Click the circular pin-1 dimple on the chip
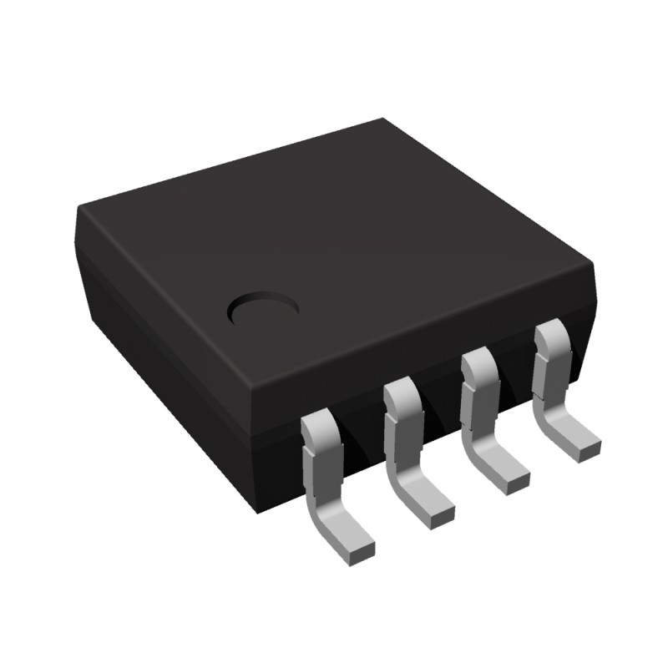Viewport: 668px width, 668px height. [264, 311]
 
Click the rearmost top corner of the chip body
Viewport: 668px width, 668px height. [382, 121]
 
